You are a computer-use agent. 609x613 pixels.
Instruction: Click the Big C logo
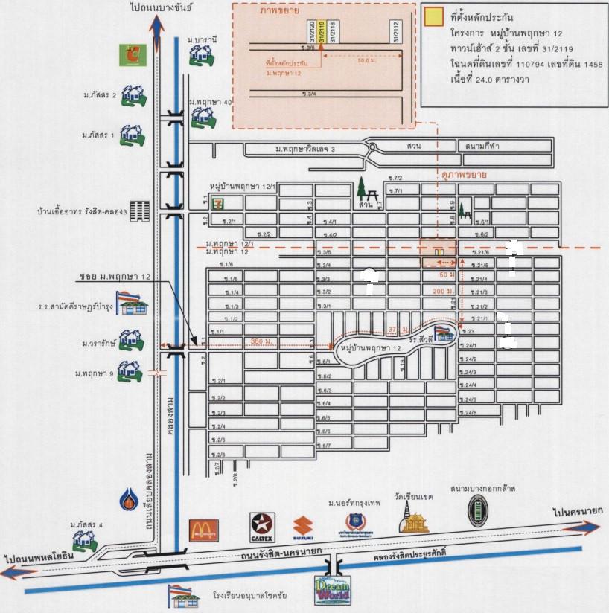pyautogui.click(x=131, y=54)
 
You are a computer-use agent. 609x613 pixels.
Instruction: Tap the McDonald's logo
pyautogui.click(x=204, y=529)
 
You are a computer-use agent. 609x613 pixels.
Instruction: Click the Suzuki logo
pyautogui.click(x=302, y=527)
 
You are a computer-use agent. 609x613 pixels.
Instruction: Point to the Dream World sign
pyautogui.click(x=332, y=588)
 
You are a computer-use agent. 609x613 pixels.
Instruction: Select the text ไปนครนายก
pyautogui.click(x=577, y=512)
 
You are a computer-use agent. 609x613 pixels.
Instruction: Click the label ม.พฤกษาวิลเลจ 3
pyautogui.click(x=305, y=150)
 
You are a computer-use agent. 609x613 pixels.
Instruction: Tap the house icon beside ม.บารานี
pyautogui.click(x=199, y=53)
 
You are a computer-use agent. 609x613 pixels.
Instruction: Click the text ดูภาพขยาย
pyautogui.click(x=462, y=176)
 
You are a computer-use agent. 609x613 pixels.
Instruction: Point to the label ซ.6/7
pyautogui.click(x=323, y=446)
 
